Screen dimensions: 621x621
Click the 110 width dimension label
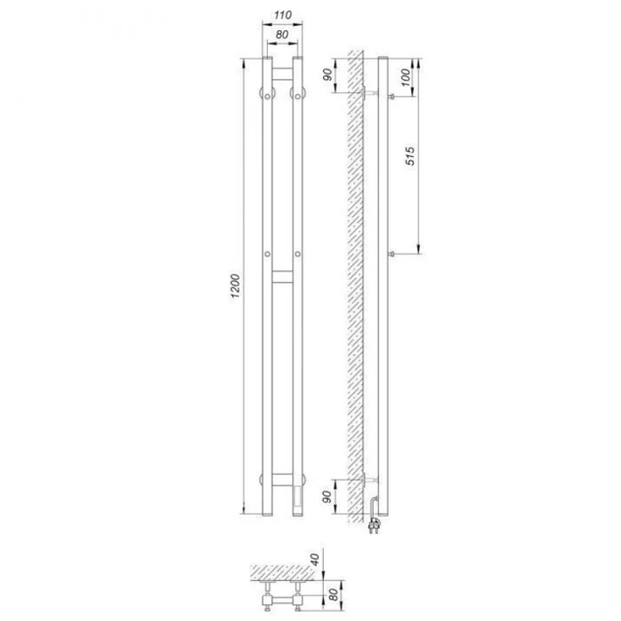[283, 15]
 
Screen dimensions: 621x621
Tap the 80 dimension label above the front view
[282, 35]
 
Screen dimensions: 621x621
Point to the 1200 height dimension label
[235, 286]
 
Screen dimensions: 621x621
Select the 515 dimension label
[410, 155]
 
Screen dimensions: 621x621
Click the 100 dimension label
[405, 77]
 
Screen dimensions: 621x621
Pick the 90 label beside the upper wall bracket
[327, 75]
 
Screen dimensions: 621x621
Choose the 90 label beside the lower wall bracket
[326, 497]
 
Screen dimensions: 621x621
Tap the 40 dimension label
[314, 559]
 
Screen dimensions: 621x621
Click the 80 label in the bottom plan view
[334, 594]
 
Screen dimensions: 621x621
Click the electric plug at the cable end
[374, 525]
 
